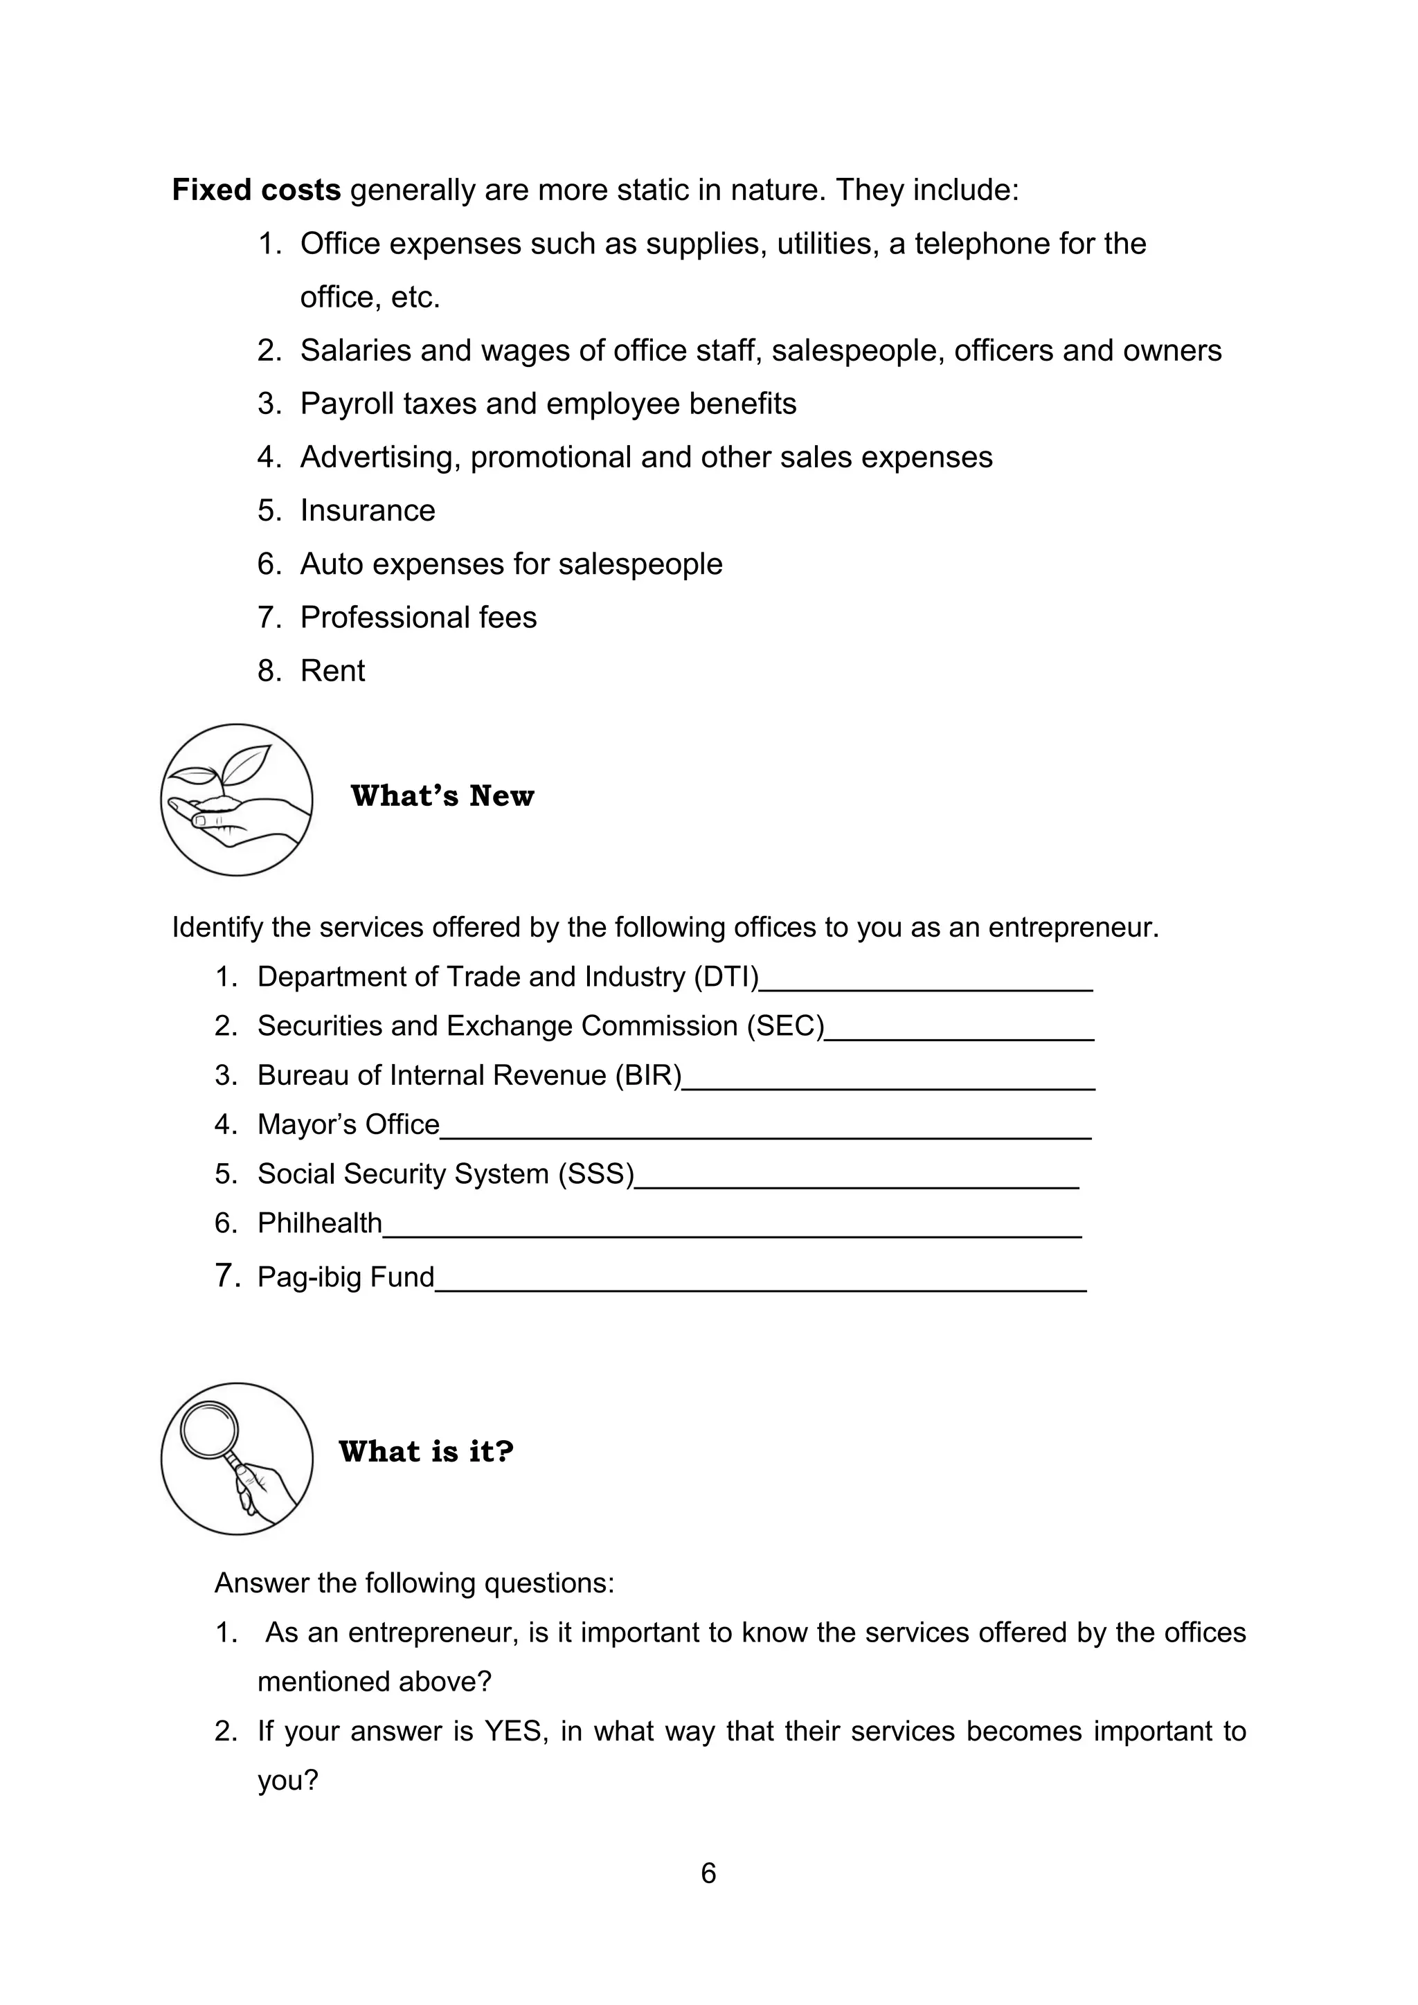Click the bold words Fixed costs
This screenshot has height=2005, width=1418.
[x=255, y=190]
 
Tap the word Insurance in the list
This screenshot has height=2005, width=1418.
[x=368, y=510]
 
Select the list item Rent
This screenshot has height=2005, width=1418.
[x=332, y=671]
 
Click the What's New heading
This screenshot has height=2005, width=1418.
[x=442, y=795]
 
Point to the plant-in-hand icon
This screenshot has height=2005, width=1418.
[x=237, y=799]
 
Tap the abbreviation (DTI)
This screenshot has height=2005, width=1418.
[x=726, y=976]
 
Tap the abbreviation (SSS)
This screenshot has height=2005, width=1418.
[x=596, y=1174]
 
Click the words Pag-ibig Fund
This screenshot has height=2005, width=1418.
[x=345, y=1277]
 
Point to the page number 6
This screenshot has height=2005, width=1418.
[x=708, y=1873]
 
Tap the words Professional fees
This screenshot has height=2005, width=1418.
[x=418, y=618]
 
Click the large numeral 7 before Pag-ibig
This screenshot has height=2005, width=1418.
[x=226, y=1275]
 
